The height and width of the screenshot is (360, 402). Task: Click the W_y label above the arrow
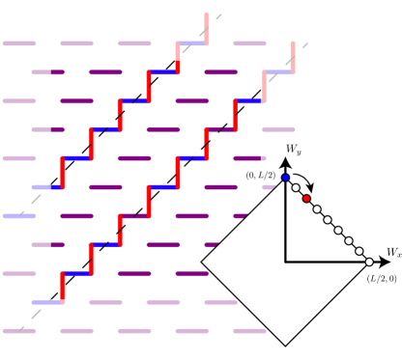293,150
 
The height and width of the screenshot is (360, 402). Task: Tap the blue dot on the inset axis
285,178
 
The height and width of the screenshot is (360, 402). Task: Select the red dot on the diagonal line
306,199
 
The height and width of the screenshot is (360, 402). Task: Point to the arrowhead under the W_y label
285,162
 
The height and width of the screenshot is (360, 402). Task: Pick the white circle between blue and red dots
296,188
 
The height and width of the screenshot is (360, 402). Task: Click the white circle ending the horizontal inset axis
369,262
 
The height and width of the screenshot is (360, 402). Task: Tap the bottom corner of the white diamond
285,345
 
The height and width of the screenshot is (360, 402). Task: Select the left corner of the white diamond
203,262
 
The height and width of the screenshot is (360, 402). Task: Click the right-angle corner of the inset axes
285,262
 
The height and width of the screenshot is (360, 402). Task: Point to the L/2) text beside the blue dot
268,176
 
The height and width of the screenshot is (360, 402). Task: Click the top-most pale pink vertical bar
206,28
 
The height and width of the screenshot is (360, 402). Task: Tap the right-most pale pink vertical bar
293,57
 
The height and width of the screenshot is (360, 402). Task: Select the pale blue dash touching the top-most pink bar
192,43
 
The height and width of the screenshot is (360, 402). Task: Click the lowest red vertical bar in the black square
63,286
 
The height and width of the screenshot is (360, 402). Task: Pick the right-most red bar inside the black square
235,115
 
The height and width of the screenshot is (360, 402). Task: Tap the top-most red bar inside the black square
149,85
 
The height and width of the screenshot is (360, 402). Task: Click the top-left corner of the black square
53,63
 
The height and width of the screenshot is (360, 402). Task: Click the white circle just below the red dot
317,209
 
